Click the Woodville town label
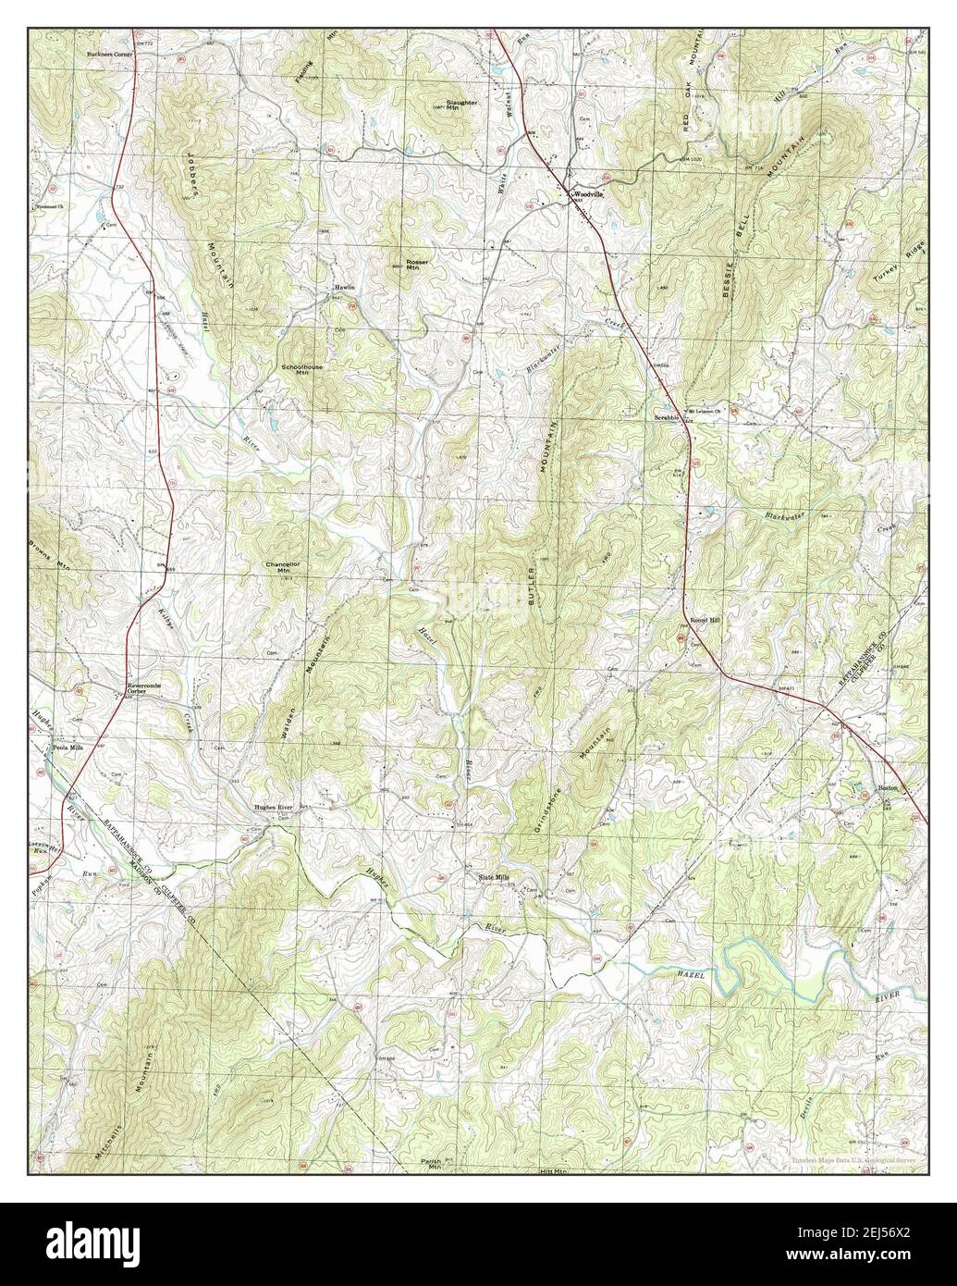click(x=588, y=195)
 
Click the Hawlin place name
click(x=345, y=288)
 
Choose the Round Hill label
click(x=705, y=621)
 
